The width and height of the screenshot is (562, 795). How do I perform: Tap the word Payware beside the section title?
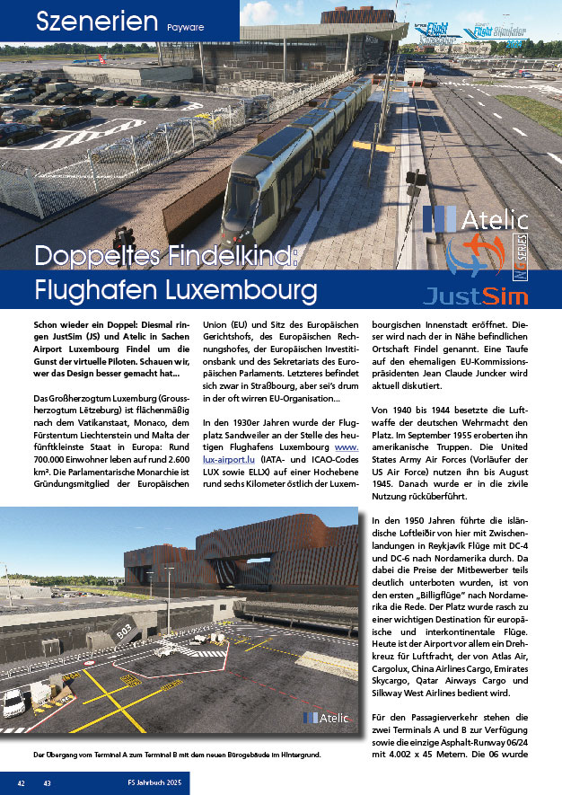point(185,28)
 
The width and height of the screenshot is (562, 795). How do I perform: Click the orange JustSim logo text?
point(475,294)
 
